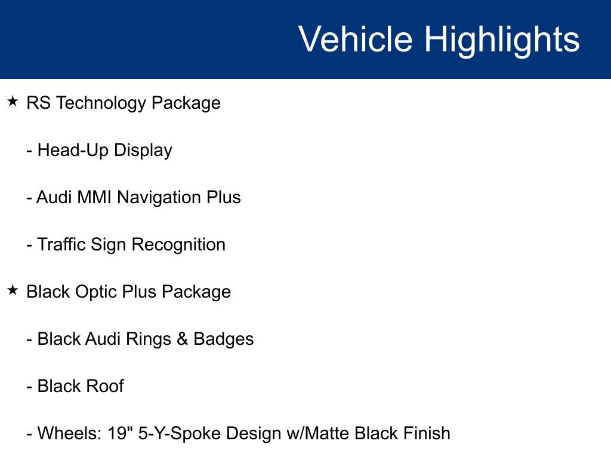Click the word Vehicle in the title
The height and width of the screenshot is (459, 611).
(x=356, y=39)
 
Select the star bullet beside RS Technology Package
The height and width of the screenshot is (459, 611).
(x=13, y=102)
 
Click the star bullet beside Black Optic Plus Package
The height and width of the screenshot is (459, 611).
(x=13, y=290)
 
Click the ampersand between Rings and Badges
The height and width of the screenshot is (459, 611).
(x=183, y=339)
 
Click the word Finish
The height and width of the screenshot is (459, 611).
(x=427, y=433)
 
